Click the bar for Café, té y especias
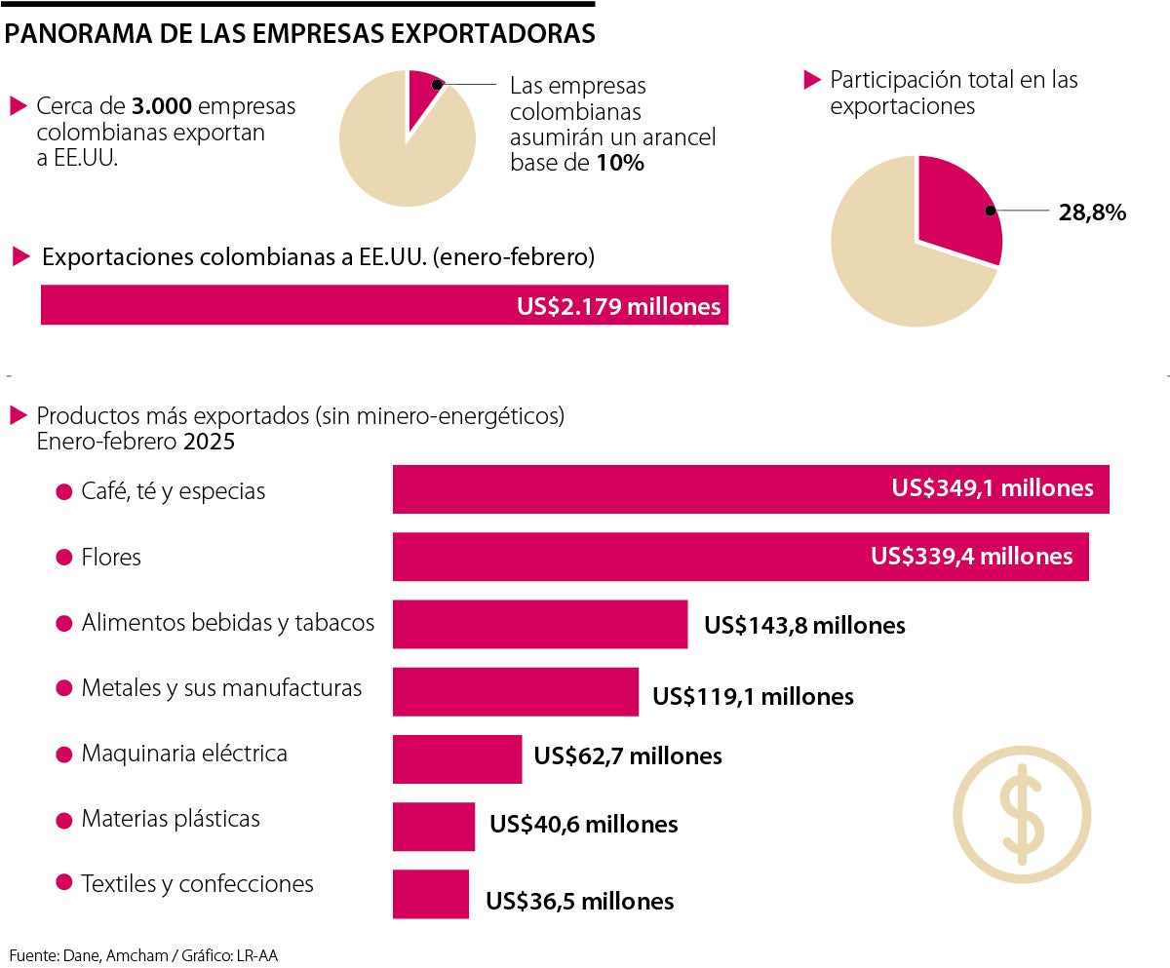click(634, 489)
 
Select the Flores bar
click(624, 557)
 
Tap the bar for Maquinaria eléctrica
click(456, 758)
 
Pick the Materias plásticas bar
click(433, 826)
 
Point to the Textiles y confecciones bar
click(430, 894)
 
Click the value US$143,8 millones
click(804, 626)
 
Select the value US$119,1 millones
click(753, 696)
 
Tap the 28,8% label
click(1092, 212)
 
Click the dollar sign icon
click(1021, 809)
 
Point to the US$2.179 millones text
click(618, 307)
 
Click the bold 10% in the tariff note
click(620, 163)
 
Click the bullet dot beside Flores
click(64, 558)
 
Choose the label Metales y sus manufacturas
click(221, 688)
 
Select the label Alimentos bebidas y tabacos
click(228, 622)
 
